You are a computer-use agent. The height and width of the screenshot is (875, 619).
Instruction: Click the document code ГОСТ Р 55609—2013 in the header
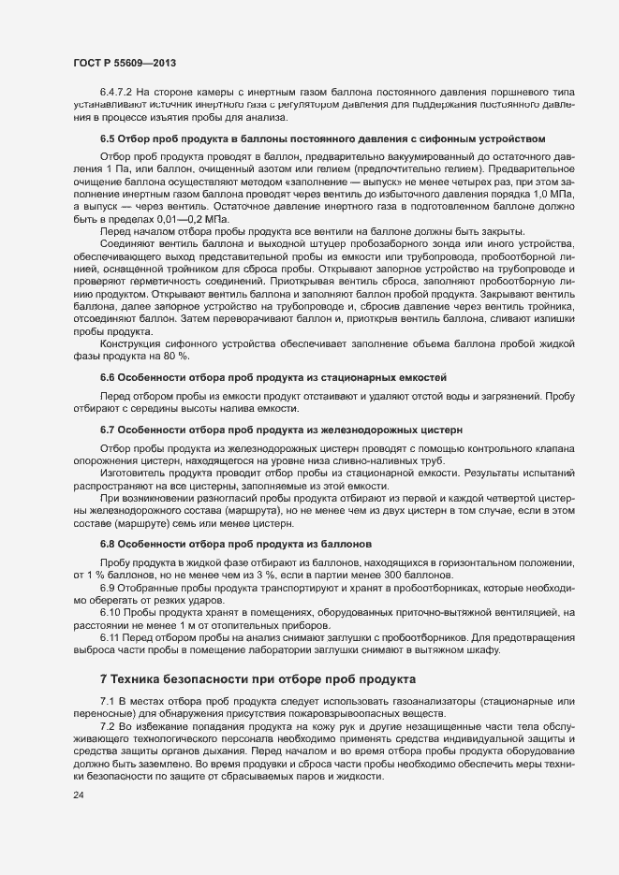[124, 63]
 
